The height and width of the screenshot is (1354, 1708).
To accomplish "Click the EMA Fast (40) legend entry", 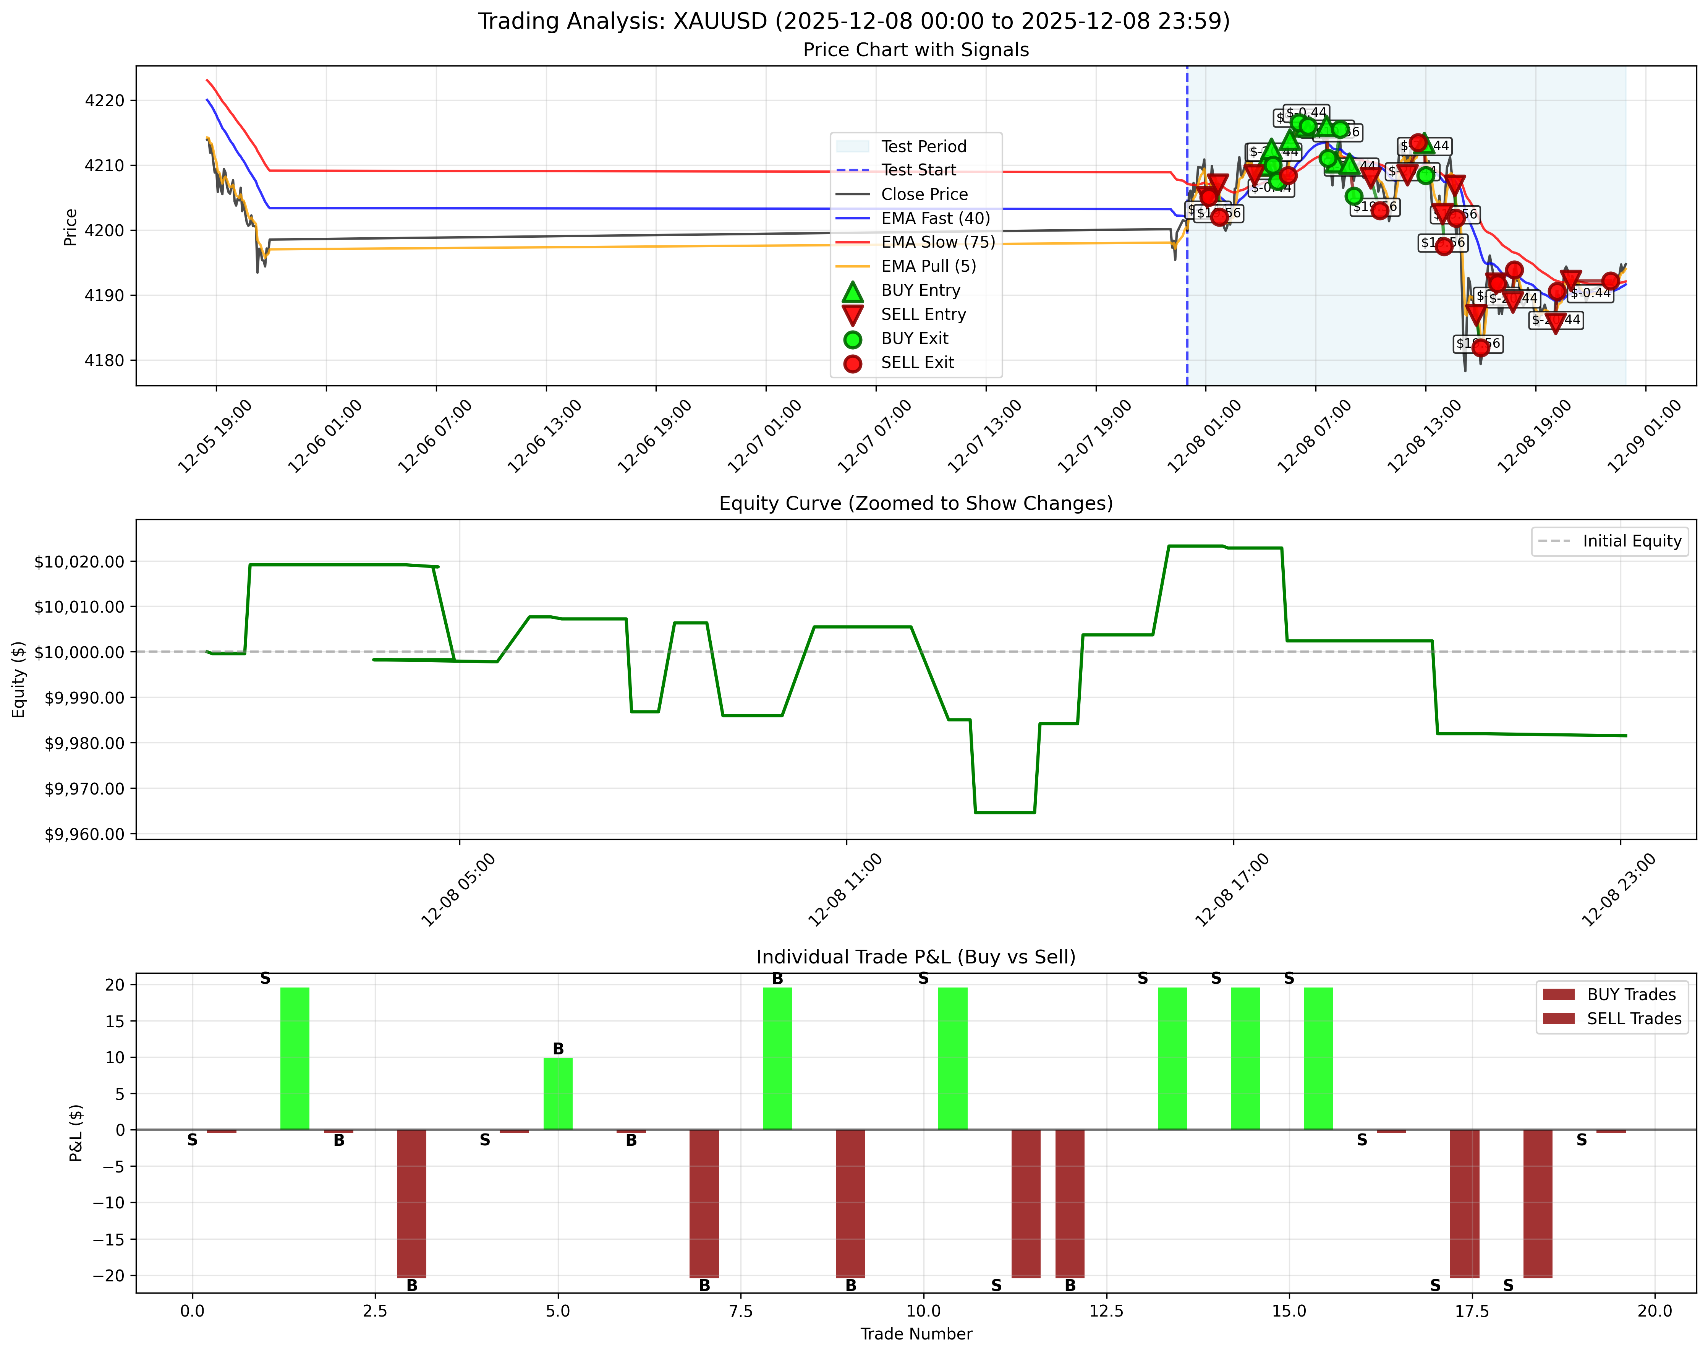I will [x=935, y=218].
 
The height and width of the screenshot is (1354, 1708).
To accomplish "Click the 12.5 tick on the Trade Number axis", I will [x=1106, y=1311].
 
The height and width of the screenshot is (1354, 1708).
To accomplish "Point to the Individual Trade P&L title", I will [x=916, y=957].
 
